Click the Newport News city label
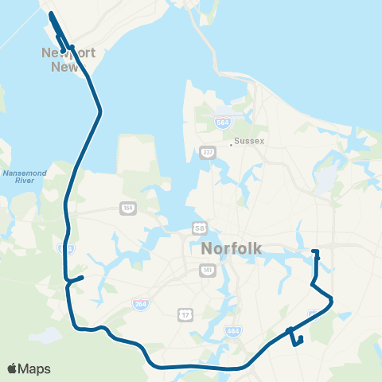(68, 60)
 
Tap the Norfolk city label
(232, 248)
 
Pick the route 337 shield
(208, 152)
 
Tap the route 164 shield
(128, 208)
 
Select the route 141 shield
(207, 271)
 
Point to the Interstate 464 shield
(232, 329)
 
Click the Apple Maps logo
(29, 368)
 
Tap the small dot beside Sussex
(231, 144)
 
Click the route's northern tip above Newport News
(51, 14)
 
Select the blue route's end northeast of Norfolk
(316, 252)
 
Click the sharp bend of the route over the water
(99, 113)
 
